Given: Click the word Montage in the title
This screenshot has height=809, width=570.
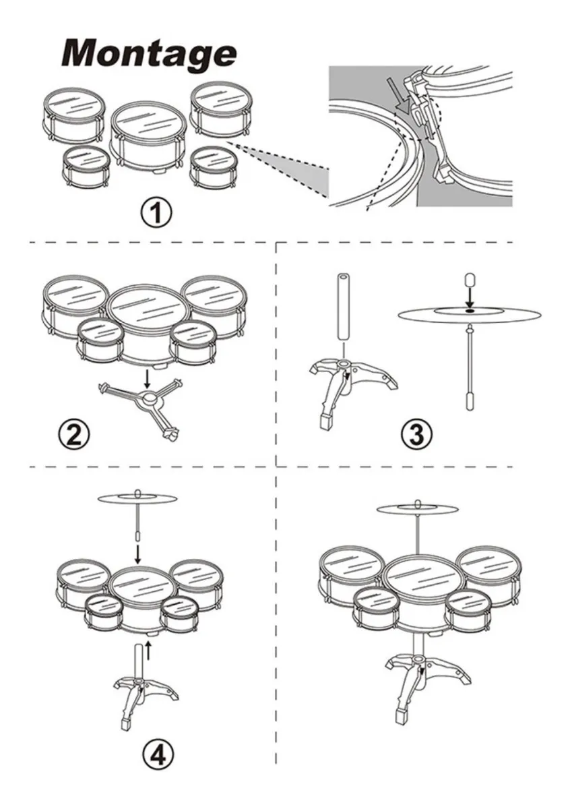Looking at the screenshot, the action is (x=149, y=54).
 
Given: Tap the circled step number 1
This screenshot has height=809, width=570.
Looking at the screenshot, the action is (x=156, y=214).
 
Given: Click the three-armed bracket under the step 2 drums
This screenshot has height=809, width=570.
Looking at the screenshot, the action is (x=141, y=407).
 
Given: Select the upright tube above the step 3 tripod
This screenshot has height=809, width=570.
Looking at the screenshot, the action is (x=344, y=307).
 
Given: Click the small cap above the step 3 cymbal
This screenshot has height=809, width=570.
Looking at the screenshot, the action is (x=469, y=280).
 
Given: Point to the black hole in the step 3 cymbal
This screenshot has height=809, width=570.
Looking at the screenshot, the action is (x=470, y=310).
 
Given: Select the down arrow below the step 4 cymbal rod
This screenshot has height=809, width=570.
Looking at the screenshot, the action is (x=137, y=554).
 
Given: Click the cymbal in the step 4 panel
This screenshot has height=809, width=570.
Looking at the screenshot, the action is (x=137, y=499).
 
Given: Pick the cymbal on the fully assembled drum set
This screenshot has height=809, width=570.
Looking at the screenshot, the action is (x=417, y=510).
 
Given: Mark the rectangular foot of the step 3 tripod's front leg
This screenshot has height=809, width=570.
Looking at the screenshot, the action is (x=326, y=421).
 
